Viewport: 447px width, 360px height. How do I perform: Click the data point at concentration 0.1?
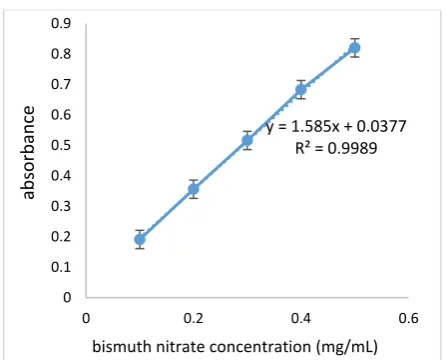(x=140, y=239)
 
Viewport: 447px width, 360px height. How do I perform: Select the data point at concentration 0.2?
(x=194, y=189)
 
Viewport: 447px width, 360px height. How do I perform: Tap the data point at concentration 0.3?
(x=247, y=140)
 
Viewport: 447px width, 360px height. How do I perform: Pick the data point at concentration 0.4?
(x=301, y=90)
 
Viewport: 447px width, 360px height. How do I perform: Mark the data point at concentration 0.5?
(x=354, y=48)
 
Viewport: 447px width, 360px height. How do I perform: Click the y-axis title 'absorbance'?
(x=28, y=152)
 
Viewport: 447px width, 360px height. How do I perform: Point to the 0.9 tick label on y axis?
(x=61, y=23)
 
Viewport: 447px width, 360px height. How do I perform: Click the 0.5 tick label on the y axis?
(x=61, y=145)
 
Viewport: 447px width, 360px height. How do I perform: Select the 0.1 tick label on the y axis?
(x=61, y=267)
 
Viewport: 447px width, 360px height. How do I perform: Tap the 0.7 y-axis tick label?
(x=61, y=84)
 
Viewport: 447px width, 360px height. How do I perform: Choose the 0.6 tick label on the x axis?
(x=408, y=318)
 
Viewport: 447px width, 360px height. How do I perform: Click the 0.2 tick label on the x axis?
(x=193, y=318)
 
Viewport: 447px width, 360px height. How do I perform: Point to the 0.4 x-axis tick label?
(x=301, y=318)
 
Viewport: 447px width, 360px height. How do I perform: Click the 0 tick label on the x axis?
(x=86, y=318)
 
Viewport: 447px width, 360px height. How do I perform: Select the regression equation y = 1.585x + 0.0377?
(x=336, y=127)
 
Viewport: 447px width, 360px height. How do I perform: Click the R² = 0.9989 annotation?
(x=336, y=148)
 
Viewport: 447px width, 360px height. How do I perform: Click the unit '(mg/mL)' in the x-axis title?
(x=347, y=347)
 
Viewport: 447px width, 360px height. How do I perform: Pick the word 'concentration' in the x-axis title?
(x=260, y=347)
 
